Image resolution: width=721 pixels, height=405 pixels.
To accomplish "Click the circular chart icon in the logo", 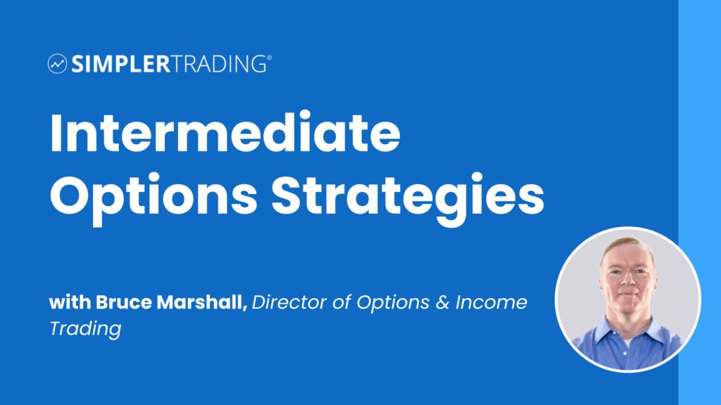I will (57, 64).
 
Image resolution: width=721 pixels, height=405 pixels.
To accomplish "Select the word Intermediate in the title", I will (225, 134).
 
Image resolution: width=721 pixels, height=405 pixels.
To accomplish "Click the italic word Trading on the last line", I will (85, 328).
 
